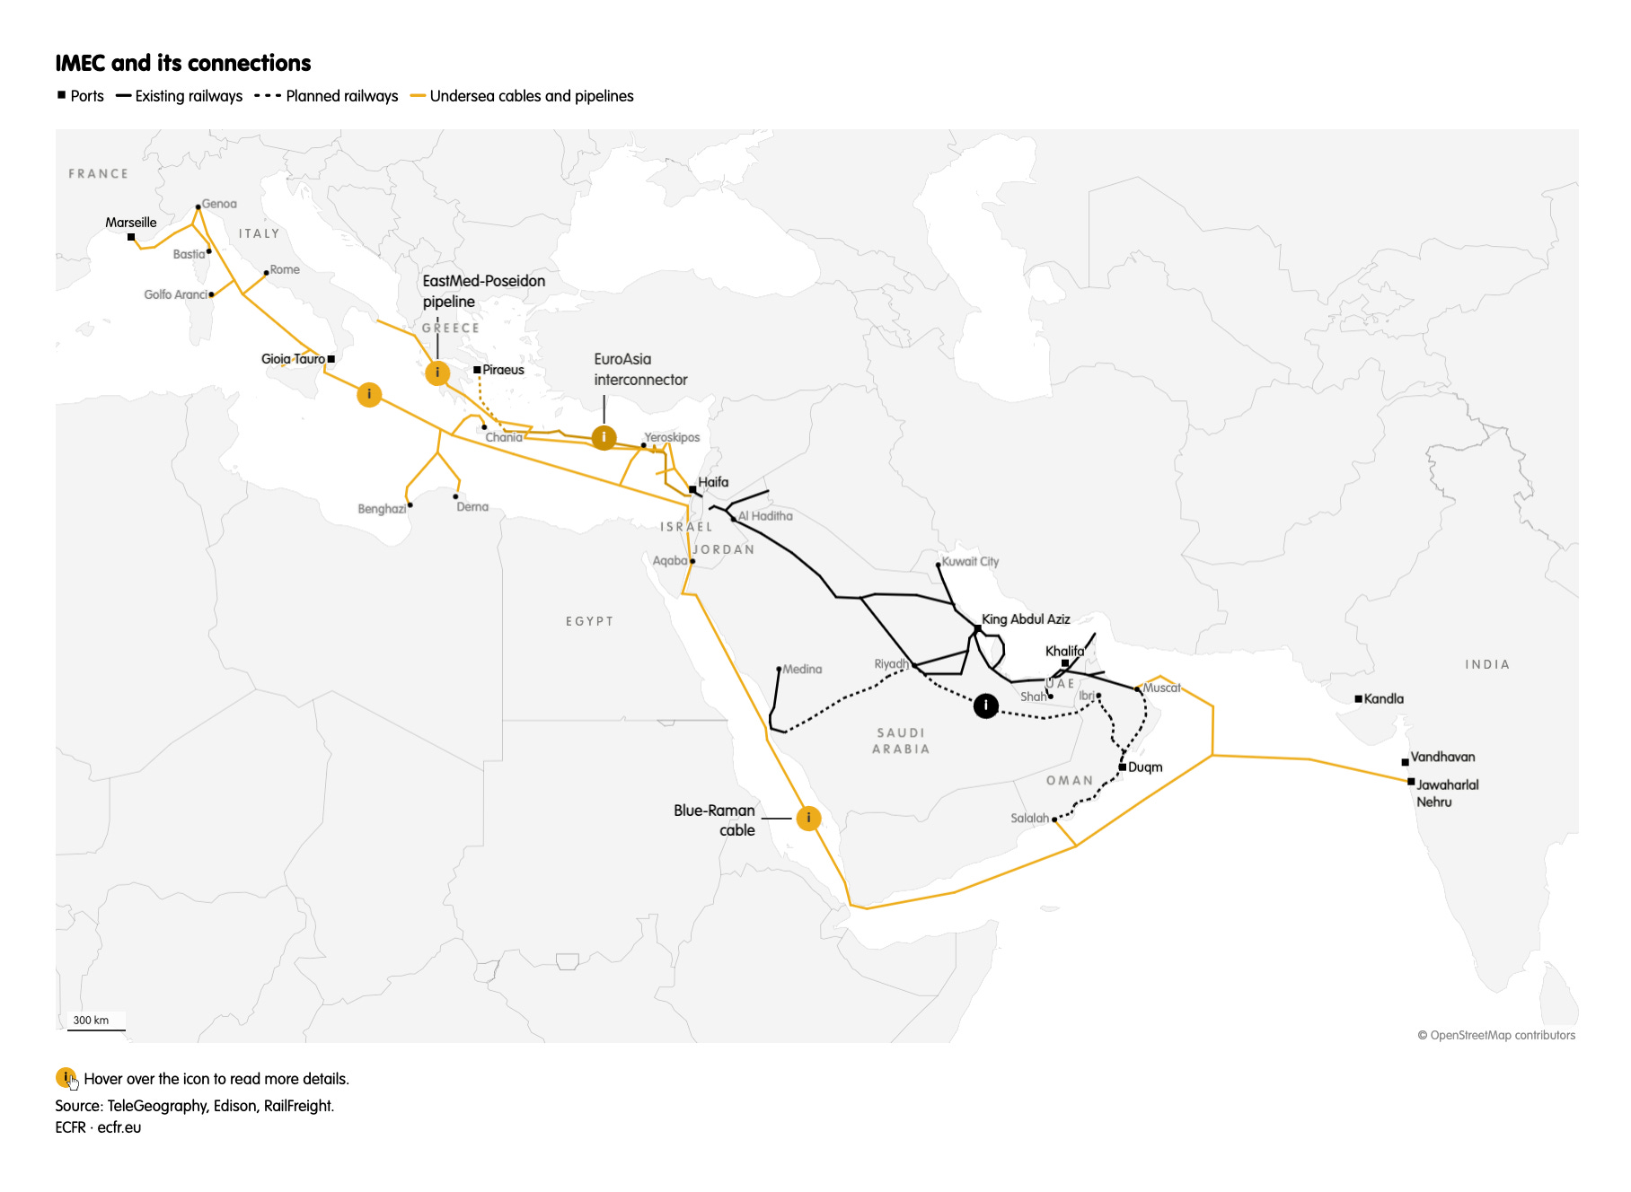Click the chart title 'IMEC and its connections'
click(183, 63)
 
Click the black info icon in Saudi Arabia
click(986, 706)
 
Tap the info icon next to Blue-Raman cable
click(808, 818)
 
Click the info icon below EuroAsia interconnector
click(604, 438)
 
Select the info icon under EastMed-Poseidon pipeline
click(437, 372)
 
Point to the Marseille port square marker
click(131, 237)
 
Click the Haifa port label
click(713, 482)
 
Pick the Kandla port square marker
click(1358, 698)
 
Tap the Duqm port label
click(1145, 767)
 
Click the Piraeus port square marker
click(477, 370)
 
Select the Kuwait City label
click(970, 562)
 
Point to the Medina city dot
click(779, 670)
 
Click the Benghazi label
click(382, 509)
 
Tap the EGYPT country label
click(589, 621)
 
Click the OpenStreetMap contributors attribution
click(1496, 1035)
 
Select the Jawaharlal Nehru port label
click(1447, 793)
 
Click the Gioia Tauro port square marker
click(331, 359)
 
